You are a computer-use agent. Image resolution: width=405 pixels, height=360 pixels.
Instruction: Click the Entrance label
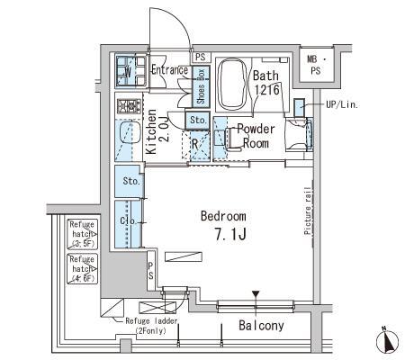tap(168, 70)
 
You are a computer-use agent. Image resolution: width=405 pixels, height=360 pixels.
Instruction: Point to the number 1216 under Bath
tap(266, 90)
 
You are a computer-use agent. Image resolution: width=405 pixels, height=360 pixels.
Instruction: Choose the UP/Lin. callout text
tap(341, 105)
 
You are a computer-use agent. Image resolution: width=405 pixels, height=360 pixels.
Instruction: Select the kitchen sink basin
tap(125, 134)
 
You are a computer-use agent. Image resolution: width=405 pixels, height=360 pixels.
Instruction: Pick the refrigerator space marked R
tap(194, 142)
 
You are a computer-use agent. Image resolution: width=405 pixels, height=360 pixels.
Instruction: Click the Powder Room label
tap(255, 136)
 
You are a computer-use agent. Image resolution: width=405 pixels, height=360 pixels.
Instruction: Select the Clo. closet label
tap(128, 219)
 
